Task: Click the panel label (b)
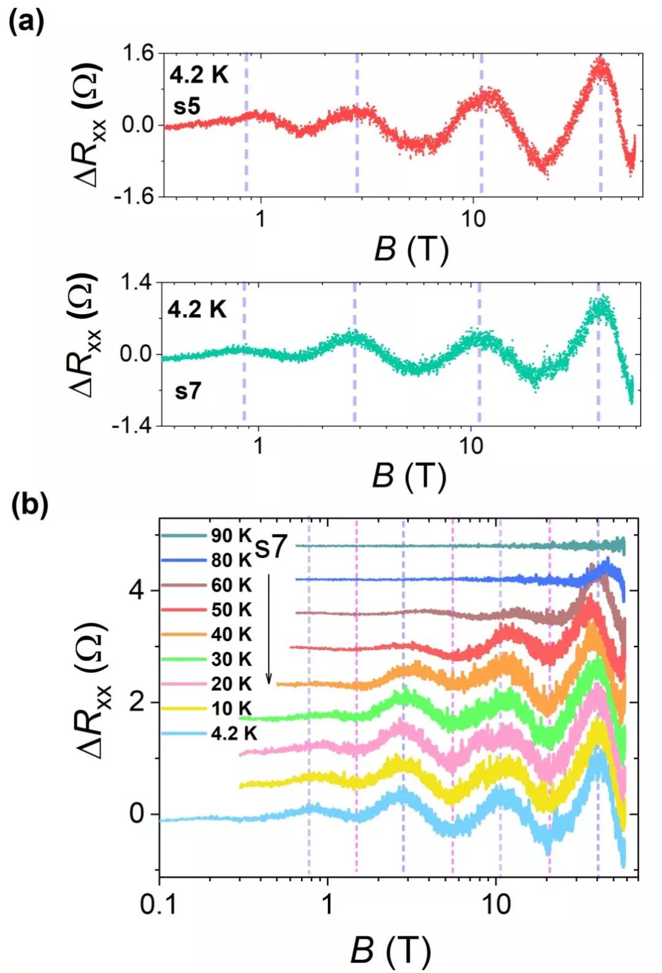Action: click(x=29, y=505)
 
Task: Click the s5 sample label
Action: click(x=187, y=107)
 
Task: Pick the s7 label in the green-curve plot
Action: click(x=188, y=390)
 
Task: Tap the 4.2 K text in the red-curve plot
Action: click(x=199, y=75)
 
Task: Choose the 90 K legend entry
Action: click(x=231, y=535)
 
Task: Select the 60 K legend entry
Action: click(x=231, y=585)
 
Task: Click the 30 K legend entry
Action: click(x=231, y=659)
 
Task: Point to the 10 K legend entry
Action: click(x=231, y=708)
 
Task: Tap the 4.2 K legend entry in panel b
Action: click(x=234, y=733)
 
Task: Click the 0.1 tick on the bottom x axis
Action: click(x=159, y=904)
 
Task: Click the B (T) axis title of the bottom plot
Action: click(x=390, y=950)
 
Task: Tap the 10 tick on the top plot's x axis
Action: click(x=473, y=219)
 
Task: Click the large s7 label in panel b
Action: click(x=271, y=547)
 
